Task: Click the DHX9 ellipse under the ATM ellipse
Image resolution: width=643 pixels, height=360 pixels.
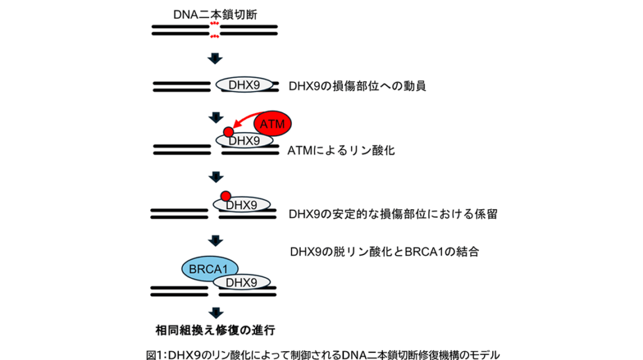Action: [x=245, y=141]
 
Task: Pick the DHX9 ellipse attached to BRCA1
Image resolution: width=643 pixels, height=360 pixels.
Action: [x=242, y=282]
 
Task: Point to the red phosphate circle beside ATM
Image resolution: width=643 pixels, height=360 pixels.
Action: [x=228, y=133]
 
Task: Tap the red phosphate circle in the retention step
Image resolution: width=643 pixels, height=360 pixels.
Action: [x=225, y=197]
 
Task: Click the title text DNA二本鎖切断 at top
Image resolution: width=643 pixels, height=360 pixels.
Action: [x=215, y=13]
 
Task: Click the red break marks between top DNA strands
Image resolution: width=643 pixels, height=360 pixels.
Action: [x=215, y=30]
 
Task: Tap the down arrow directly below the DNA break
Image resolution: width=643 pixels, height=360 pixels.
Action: [x=215, y=58]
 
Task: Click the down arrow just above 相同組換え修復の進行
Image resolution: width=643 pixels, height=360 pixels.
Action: [x=215, y=311]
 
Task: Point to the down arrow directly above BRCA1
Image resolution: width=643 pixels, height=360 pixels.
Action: [x=215, y=239]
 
